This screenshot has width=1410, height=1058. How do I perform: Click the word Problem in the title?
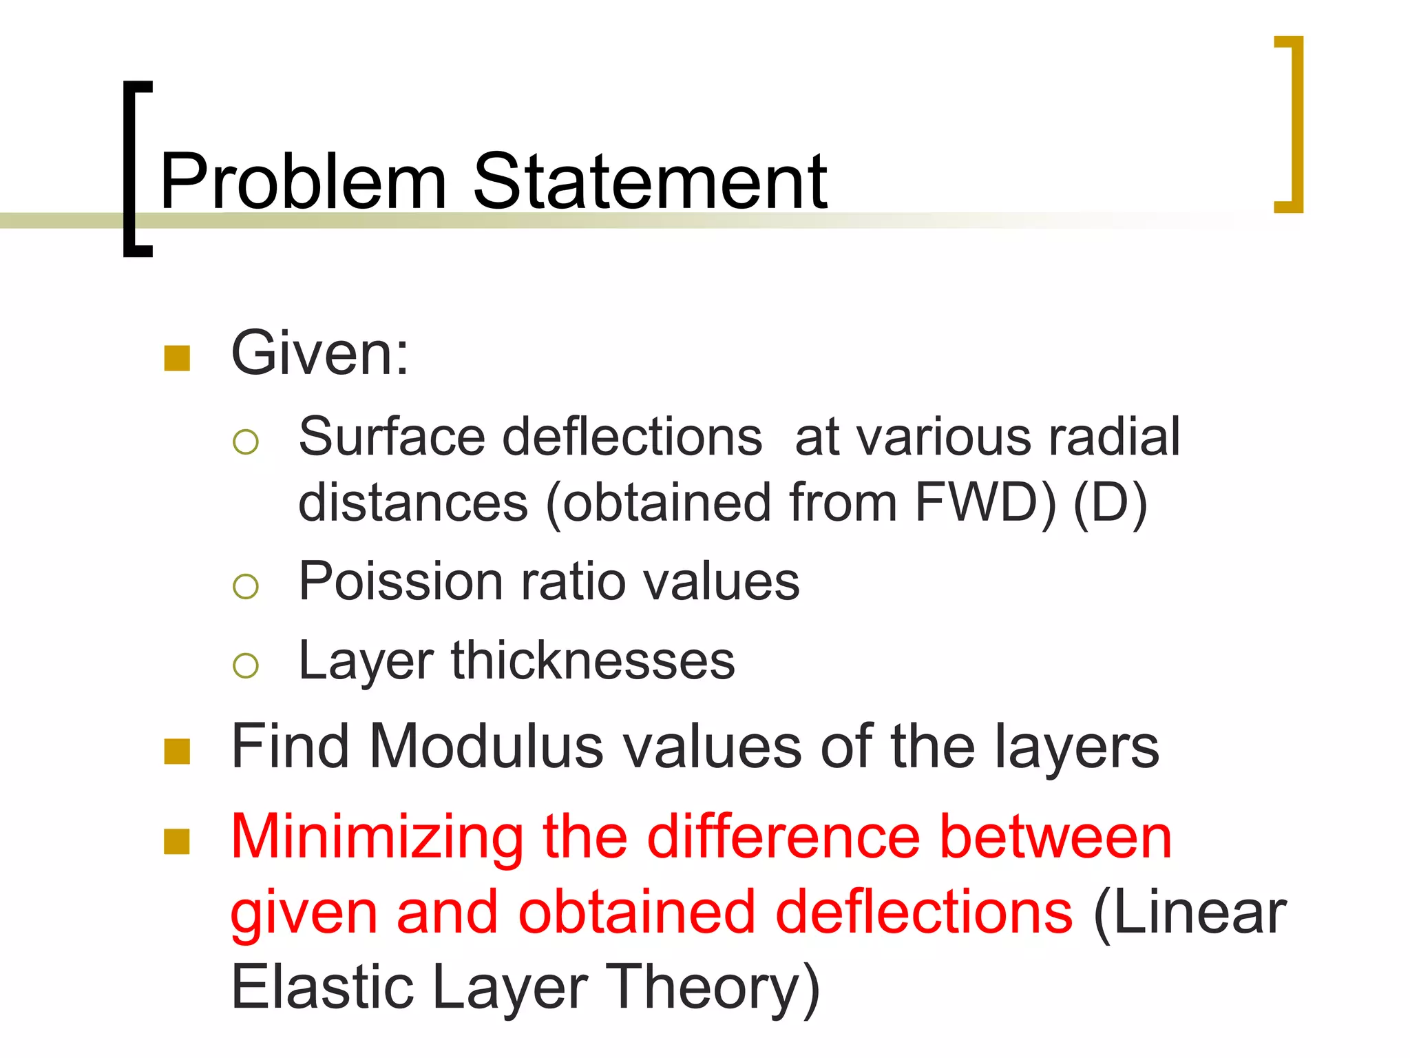[x=303, y=182]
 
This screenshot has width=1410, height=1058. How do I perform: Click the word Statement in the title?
[x=650, y=182]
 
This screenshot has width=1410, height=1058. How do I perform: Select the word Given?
[x=320, y=353]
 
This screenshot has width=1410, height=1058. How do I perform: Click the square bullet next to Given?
[x=177, y=358]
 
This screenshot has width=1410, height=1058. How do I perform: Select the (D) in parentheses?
[x=1110, y=503]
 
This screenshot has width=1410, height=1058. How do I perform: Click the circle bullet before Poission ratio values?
[x=246, y=587]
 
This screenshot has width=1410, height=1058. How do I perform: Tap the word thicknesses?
[x=593, y=661]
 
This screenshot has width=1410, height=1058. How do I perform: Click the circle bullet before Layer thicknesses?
[x=246, y=665]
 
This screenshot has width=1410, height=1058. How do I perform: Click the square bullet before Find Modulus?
[x=177, y=751]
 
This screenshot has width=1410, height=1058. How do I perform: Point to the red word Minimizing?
[x=377, y=838]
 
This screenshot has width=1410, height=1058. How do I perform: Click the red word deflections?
[x=924, y=913]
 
